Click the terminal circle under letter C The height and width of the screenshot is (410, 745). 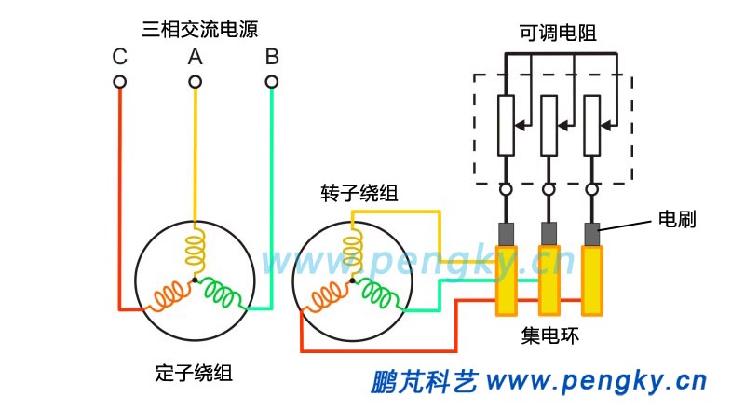tap(119, 82)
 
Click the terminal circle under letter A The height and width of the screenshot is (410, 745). tap(195, 82)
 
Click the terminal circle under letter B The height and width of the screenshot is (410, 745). tap(271, 82)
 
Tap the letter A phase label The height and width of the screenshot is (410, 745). tap(195, 57)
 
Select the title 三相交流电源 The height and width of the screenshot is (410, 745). tap(195, 29)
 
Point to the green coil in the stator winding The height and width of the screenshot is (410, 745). tap(223, 294)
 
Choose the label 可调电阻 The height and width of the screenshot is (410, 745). tap(558, 34)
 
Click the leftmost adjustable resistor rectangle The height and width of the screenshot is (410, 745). tap(506, 124)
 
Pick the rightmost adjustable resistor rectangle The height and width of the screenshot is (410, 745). tap(591, 124)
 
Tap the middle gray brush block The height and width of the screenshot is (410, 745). tap(549, 232)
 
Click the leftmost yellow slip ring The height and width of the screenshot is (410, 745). tap(507, 280)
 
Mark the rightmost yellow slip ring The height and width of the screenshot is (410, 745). tap(591, 280)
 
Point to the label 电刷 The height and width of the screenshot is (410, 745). tap(677, 220)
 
